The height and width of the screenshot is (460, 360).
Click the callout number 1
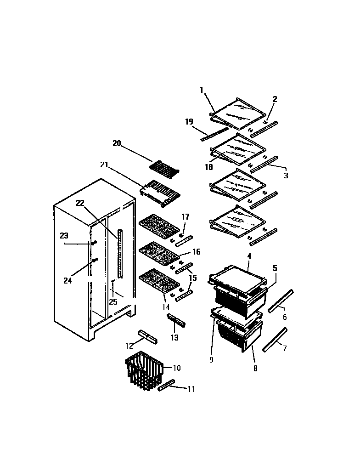click(x=202, y=90)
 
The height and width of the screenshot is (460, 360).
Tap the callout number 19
click(x=189, y=122)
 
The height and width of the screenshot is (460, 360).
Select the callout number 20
click(x=117, y=143)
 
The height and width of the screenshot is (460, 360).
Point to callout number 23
click(x=64, y=236)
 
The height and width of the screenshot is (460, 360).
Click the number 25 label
click(x=113, y=301)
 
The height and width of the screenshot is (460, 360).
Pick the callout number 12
click(x=129, y=346)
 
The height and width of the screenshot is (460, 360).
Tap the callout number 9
click(x=211, y=360)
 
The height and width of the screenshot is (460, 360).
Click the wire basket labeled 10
click(x=144, y=371)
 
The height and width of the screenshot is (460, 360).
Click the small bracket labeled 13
click(x=177, y=320)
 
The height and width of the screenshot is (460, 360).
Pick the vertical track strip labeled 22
click(x=121, y=253)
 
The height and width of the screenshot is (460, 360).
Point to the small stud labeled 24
click(x=95, y=261)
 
